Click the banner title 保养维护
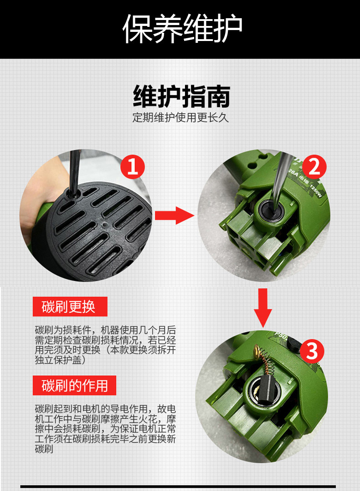tap(182, 28)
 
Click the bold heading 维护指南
tap(182, 96)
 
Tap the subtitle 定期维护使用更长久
tap(180, 118)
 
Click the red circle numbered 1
tap(133, 167)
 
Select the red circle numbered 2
tap(314, 167)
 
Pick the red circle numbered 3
tap(312, 351)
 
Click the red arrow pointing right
tap(175, 215)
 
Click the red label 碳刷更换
tap(70, 307)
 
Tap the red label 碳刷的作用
tap(75, 385)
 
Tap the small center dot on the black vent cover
tap(104, 224)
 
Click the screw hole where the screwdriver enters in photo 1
tap(72, 194)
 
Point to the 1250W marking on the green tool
tap(315, 191)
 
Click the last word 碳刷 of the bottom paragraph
tap(44, 449)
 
